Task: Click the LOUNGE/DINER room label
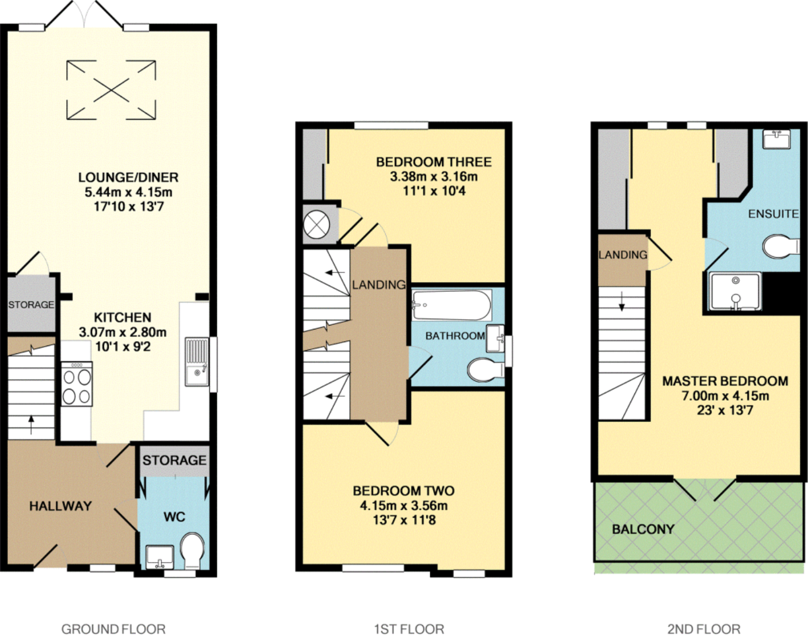pos(128,177)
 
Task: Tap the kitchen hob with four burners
pos(76,384)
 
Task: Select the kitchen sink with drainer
pos(197,361)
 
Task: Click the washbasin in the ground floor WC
pos(160,557)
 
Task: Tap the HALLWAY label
pos(60,506)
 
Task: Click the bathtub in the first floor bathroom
pos(452,305)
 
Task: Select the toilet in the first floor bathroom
pos(486,370)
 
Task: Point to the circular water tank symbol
pos(317,225)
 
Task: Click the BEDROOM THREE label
pos(434,162)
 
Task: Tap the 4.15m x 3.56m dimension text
pos(403,506)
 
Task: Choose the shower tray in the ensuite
pos(735,291)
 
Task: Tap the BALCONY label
pos(643,529)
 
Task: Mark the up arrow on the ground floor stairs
pos(31,425)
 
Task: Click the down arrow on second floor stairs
pos(621,301)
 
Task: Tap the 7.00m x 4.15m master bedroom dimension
pos(725,396)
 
